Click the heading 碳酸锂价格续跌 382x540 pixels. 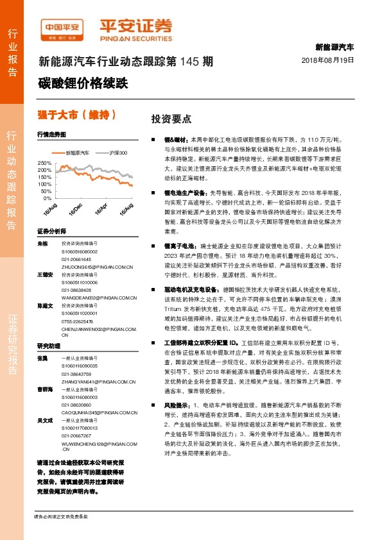(83, 83)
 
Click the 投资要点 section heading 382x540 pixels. (171, 119)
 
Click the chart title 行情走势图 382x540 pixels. (51, 135)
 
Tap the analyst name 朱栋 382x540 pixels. (42, 244)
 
